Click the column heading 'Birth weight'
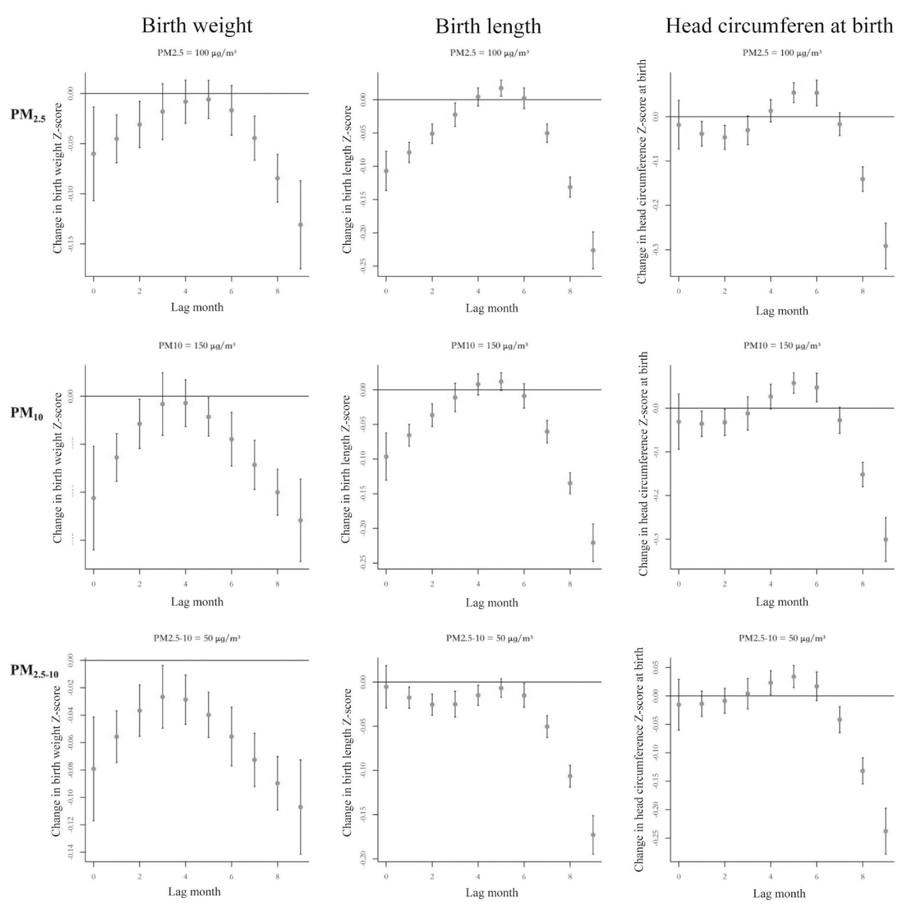click(197, 26)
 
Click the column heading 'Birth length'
click(488, 26)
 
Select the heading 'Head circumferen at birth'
click(779, 26)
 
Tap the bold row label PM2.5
click(28, 115)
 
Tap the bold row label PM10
click(27, 413)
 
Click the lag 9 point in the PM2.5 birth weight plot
click(301, 225)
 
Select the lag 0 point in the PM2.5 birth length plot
click(386, 171)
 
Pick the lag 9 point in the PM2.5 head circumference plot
click(885, 246)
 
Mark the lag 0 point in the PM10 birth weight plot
click(94, 498)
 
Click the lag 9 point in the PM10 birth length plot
click(593, 543)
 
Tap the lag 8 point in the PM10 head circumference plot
click(862, 474)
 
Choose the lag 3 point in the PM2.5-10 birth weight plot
click(163, 697)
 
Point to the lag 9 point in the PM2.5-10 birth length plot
click(593, 835)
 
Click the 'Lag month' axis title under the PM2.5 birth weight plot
click(197, 307)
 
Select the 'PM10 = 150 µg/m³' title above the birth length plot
click(489, 345)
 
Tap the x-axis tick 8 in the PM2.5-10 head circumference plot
click(862, 877)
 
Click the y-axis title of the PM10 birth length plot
click(346, 469)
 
